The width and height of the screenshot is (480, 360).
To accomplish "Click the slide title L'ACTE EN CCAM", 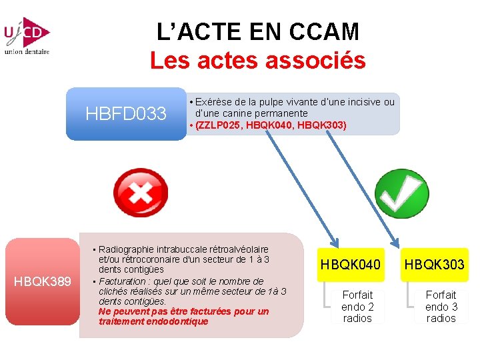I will coord(257,31).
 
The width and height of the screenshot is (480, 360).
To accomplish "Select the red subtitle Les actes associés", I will coord(257,61).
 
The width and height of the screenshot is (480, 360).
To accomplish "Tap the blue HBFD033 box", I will coord(126,114).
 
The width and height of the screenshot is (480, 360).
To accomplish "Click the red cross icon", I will coord(141,193).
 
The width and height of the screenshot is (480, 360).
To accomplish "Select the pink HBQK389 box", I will coord(43,281).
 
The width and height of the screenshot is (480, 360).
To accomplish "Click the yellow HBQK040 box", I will coord(351,265).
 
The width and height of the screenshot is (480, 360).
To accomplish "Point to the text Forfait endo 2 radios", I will coord(357,306).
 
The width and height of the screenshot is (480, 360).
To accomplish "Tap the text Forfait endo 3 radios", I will coord(441,306).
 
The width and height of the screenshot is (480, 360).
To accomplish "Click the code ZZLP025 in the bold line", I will coord(219,125).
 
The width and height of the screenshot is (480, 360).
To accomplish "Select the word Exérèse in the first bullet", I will coord(212,102).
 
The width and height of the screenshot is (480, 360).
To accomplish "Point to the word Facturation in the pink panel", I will coord(124,281).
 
